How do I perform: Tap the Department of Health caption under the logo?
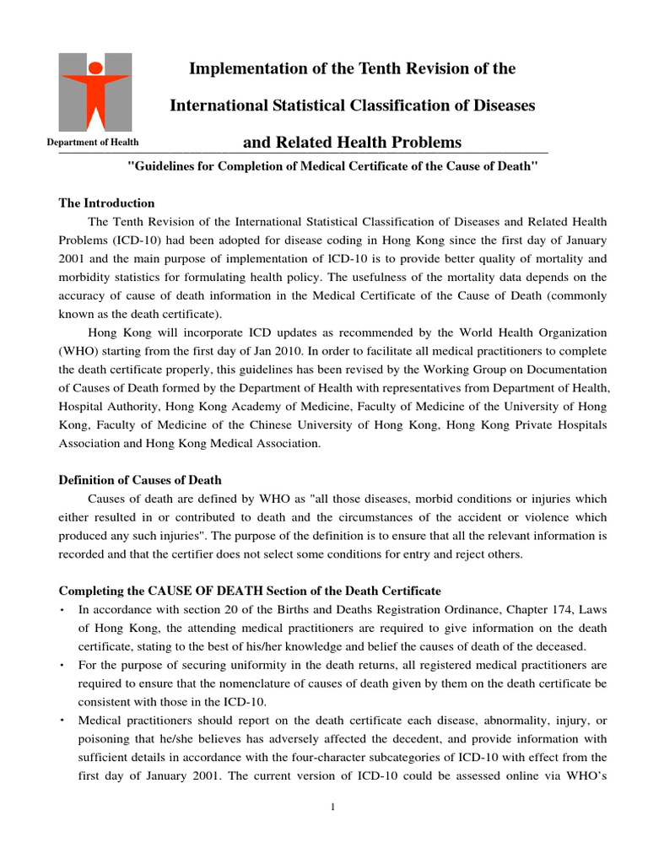coord(93,143)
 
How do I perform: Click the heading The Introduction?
coord(106,203)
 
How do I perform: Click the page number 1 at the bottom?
coord(333,807)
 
